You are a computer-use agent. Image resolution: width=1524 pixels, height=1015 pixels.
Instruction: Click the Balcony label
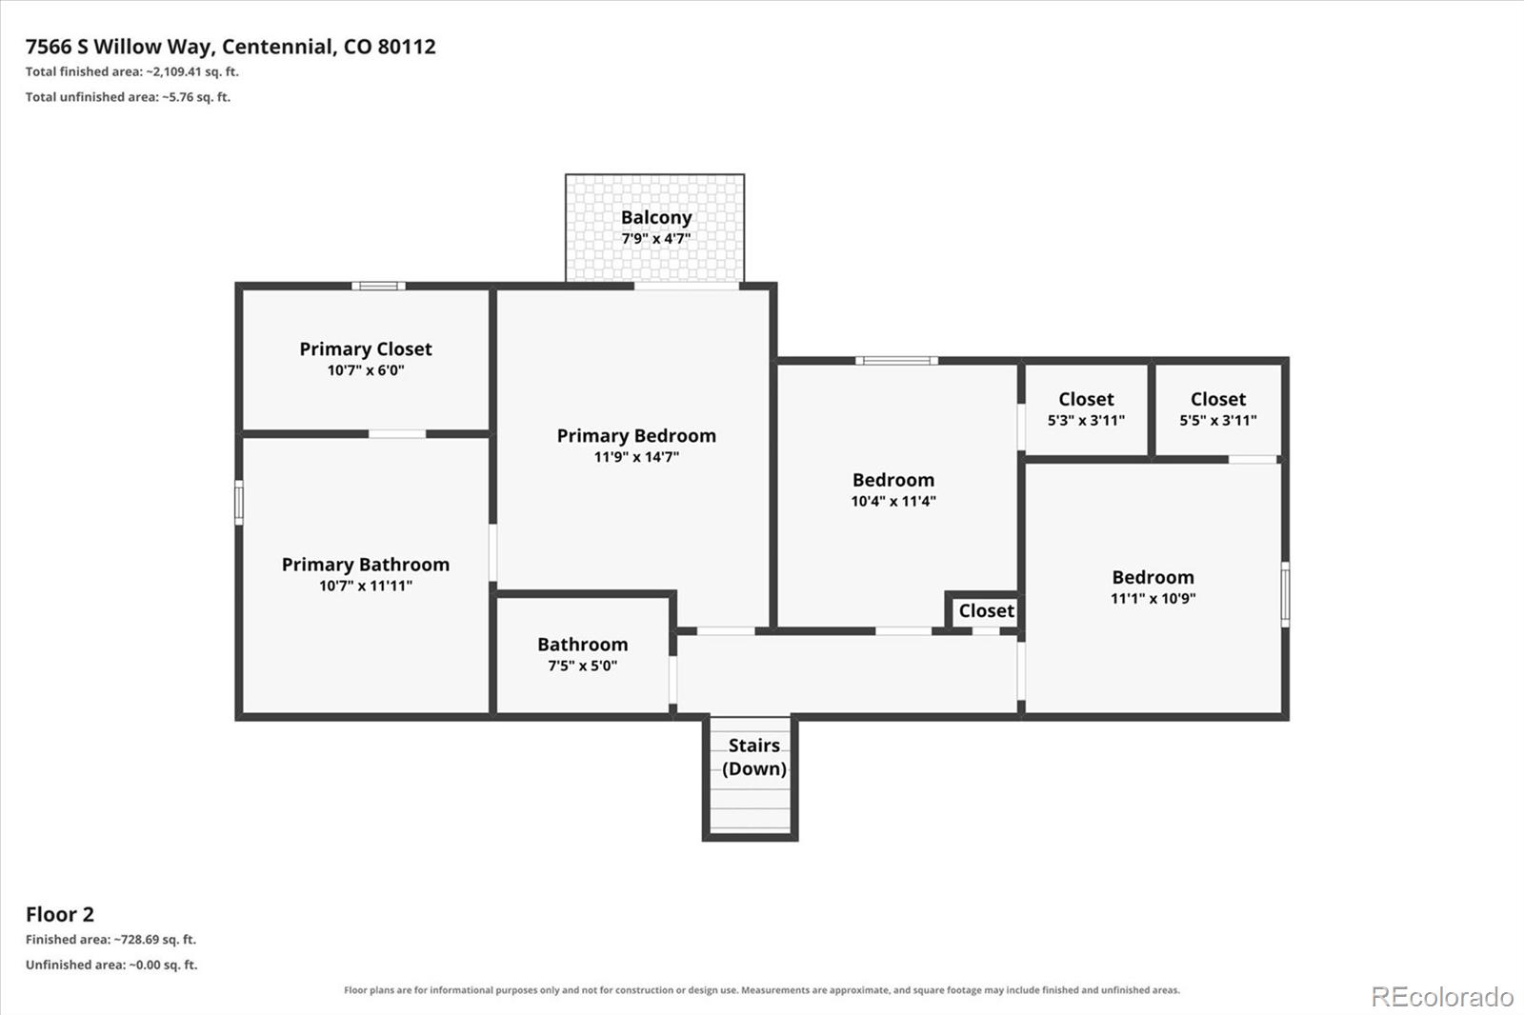tap(656, 218)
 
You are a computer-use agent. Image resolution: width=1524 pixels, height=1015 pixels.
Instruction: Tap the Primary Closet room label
tap(366, 349)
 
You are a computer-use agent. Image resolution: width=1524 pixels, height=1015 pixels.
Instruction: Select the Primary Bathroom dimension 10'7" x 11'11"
tap(366, 586)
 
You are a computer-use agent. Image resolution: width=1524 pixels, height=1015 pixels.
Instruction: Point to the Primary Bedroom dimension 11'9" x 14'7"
tap(636, 457)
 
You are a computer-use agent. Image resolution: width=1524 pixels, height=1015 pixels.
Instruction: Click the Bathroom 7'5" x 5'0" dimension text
tap(582, 666)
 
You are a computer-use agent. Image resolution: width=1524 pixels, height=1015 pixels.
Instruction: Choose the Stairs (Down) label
tap(753, 757)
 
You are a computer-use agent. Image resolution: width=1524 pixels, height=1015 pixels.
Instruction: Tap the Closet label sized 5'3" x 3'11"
tap(1086, 399)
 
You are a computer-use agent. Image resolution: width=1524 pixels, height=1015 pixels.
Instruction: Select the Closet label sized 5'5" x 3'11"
tap(1218, 399)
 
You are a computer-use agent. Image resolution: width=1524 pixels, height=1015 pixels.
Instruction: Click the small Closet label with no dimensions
tap(987, 611)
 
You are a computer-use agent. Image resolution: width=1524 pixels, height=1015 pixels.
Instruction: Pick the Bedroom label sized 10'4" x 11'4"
tap(893, 480)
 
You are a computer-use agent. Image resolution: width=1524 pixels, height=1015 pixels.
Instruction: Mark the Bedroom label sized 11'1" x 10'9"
tap(1153, 578)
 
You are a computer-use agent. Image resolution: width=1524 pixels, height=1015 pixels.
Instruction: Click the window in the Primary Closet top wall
tap(378, 287)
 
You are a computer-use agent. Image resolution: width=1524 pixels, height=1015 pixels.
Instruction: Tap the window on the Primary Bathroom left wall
tap(239, 503)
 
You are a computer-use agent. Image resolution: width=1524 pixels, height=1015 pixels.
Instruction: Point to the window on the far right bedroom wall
tap(1285, 594)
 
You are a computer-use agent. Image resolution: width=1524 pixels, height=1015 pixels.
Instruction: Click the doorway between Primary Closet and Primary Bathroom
tap(397, 434)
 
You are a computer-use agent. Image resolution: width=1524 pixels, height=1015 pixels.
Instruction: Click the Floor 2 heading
tap(60, 914)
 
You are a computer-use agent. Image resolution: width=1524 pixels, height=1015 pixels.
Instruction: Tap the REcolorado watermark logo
tap(1442, 997)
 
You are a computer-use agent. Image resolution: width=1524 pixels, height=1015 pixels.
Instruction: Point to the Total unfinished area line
tap(128, 97)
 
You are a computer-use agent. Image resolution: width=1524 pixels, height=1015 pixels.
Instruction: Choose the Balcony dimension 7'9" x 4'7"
tap(656, 239)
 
